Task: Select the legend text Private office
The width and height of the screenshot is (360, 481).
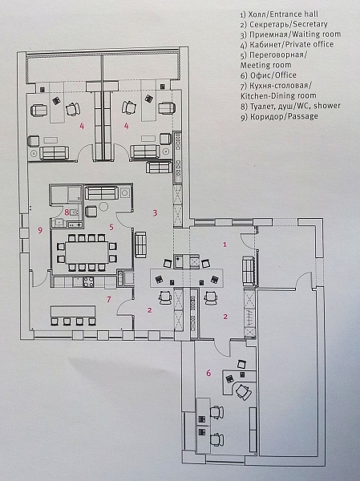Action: coord(309,44)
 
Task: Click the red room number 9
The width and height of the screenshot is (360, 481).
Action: coord(40,230)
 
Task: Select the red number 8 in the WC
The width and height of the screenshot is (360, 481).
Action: coord(67,212)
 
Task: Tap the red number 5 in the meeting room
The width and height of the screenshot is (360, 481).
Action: coord(111,227)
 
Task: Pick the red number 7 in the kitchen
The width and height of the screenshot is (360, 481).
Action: coord(109,299)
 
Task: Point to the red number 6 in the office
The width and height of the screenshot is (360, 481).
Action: coord(208,373)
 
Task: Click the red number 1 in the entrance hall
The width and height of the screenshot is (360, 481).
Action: coord(225,245)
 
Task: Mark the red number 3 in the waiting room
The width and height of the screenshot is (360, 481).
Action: coord(156,212)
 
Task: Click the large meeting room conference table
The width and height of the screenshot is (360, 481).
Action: coord(87,253)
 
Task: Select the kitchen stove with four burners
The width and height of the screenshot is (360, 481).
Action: coord(89,282)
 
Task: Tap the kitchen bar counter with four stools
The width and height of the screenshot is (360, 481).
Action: coord(73,311)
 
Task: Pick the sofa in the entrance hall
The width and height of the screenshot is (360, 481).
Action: coord(249,271)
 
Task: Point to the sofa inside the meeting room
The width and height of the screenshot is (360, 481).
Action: coord(101,193)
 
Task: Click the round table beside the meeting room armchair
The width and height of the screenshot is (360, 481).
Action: coord(103,207)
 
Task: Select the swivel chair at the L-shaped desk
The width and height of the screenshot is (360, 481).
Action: coord(244,392)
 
